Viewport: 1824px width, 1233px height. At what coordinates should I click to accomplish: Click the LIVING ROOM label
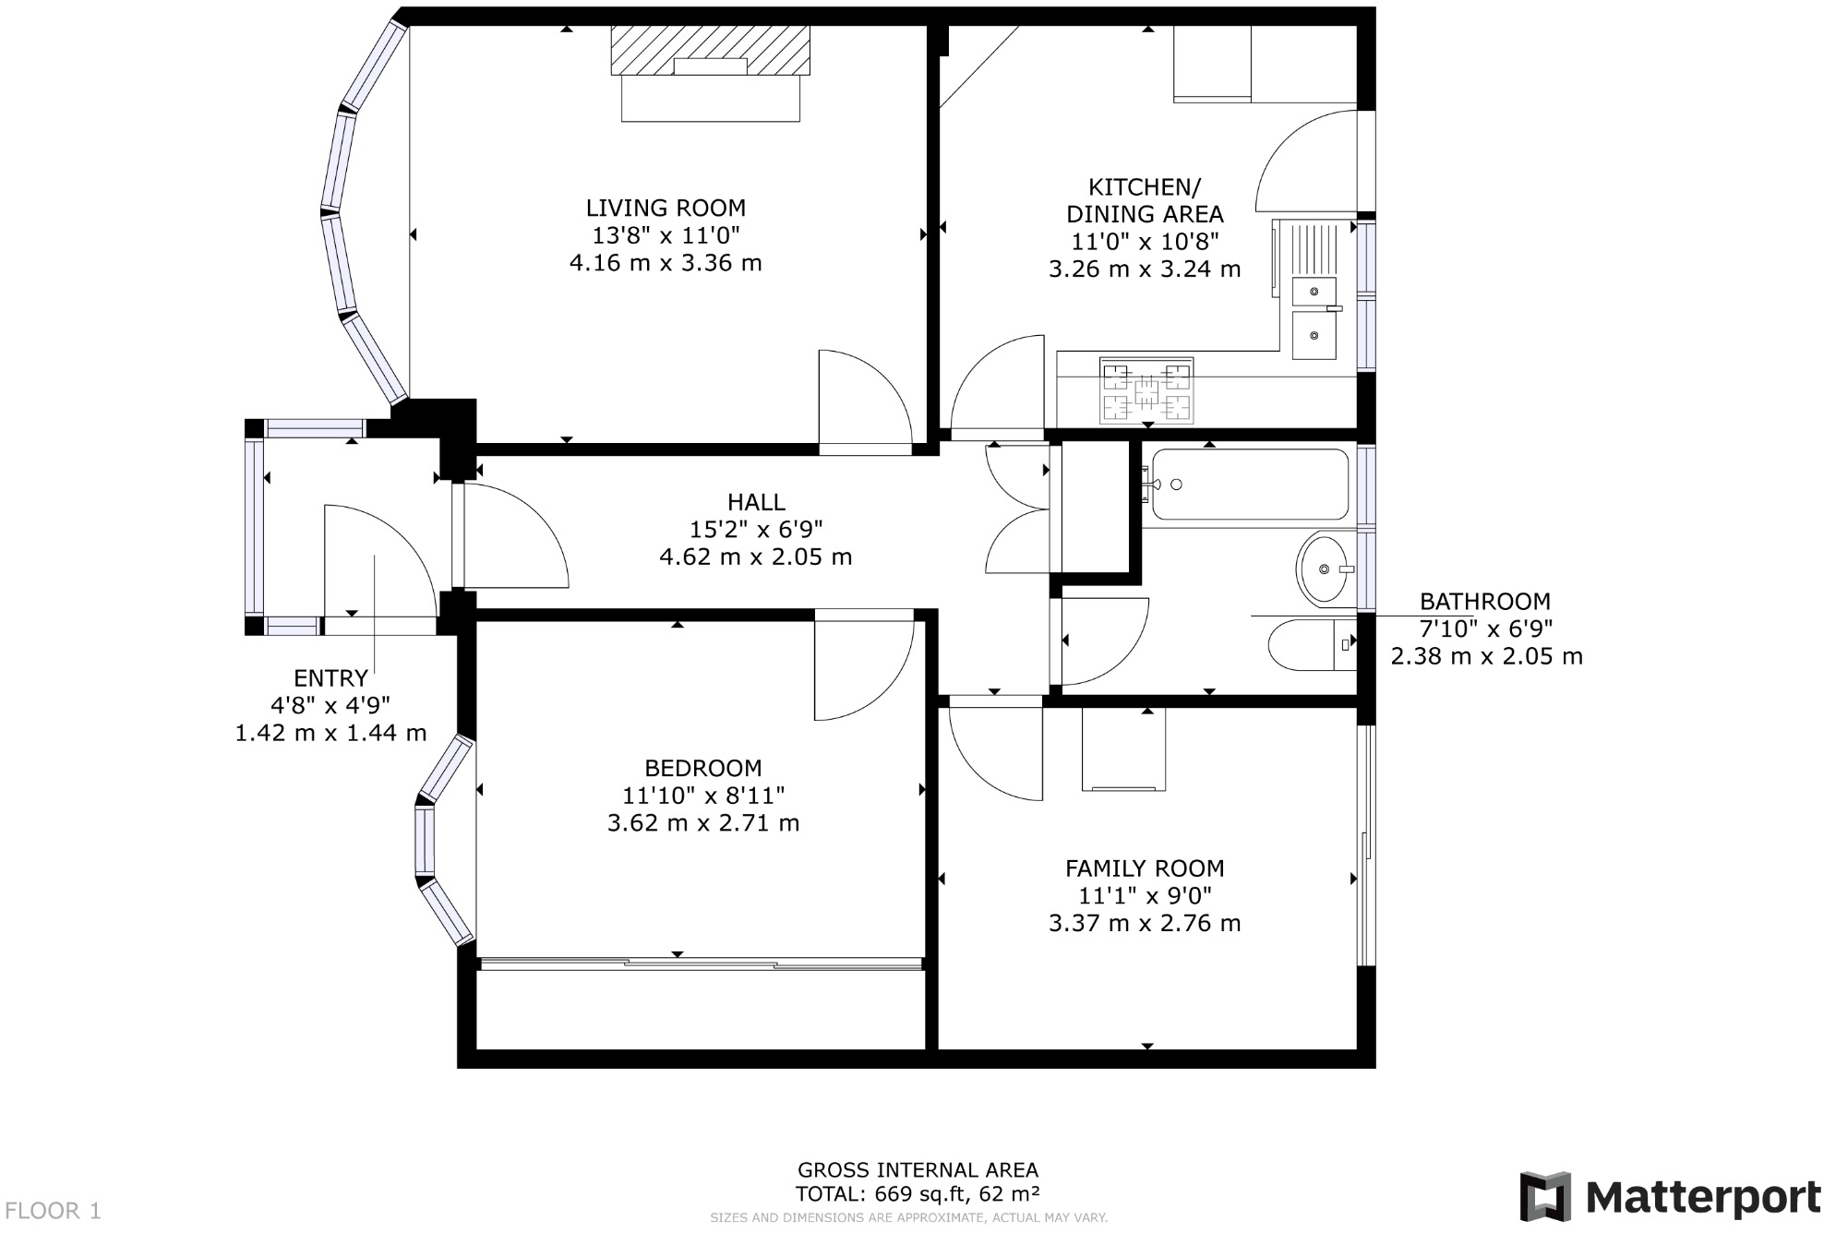pyautogui.click(x=665, y=209)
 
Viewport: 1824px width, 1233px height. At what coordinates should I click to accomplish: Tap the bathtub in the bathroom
pyautogui.click(x=1249, y=484)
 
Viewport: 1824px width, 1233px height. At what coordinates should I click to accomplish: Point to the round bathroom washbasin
pyautogui.click(x=1323, y=569)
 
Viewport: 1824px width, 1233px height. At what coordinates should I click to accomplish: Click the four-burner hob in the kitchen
pyautogui.click(x=1146, y=389)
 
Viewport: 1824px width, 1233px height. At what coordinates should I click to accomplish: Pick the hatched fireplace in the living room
pyautogui.click(x=709, y=51)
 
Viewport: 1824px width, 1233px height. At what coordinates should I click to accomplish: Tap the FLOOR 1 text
pyautogui.click(x=53, y=1210)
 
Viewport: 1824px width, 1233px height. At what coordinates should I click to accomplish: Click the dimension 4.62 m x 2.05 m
pyautogui.click(x=755, y=557)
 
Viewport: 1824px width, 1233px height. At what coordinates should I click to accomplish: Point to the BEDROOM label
pyautogui.click(x=702, y=768)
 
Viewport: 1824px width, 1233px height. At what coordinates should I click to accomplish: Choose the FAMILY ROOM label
pyautogui.click(x=1145, y=868)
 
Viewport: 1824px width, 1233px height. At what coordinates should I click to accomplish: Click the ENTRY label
pyautogui.click(x=330, y=678)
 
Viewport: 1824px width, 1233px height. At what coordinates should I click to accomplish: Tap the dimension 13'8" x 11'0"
pyautogui.click(x=665, y=235)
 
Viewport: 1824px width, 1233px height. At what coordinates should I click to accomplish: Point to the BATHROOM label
pyautogui.click(x=1484, y=602)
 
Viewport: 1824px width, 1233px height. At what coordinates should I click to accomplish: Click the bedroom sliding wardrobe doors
pyautogui.click(x=702, y=964)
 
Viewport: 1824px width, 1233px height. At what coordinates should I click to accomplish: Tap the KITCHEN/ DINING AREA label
pyautogui.click(x=1145, y=200)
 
